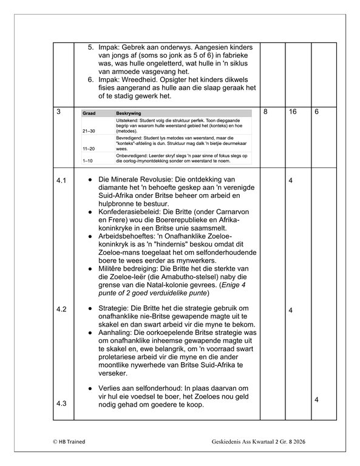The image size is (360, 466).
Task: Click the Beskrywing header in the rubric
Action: (129, 113)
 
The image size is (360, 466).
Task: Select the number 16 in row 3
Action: (293, 112)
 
